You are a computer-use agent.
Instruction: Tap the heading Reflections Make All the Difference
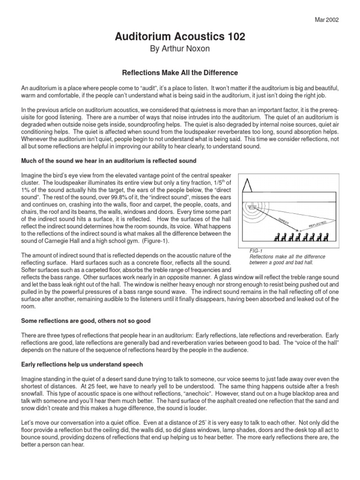[180, 73]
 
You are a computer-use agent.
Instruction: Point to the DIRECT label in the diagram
[283, 222]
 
